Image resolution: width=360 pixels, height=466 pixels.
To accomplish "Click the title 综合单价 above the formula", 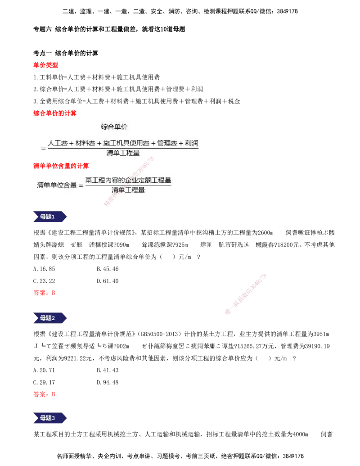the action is pos(114,127).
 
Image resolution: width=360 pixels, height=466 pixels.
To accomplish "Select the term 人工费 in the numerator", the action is pos(58,143).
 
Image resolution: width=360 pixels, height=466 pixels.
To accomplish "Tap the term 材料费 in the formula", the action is pos(85,143).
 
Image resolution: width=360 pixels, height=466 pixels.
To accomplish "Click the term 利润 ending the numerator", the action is pos(192,143).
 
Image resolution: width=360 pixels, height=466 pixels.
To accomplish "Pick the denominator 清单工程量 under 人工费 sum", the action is pos(123,153).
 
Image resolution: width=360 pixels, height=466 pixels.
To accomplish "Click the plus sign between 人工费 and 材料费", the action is pos(72,143).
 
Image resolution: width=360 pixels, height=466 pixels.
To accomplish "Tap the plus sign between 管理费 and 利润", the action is pos(181,143).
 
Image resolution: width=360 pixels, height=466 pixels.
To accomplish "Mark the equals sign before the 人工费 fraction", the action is pos(43,148).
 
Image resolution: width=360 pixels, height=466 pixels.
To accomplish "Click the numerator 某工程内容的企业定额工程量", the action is pos(128,180).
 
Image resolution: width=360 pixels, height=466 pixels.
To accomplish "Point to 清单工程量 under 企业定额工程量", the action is pos(128,190).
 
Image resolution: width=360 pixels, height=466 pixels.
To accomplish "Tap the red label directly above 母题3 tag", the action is pos(44,394).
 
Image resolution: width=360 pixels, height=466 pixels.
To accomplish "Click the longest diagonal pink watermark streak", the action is pos(245,294).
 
